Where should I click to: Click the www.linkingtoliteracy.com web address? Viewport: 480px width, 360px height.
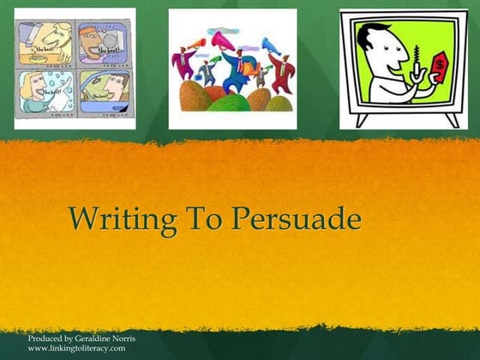tap(76, 349)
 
